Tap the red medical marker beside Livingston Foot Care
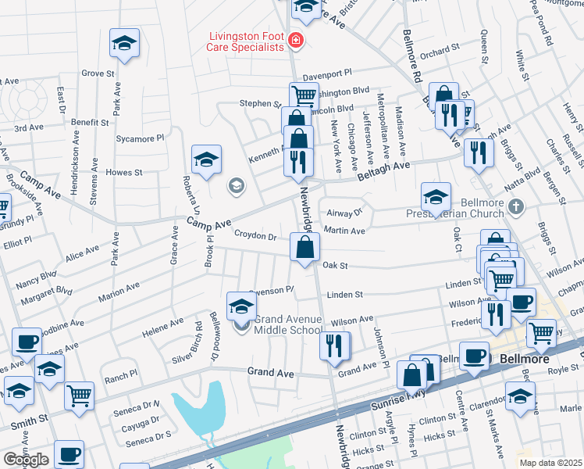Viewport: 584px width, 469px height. [x=295, y=40]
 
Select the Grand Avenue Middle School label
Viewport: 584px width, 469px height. [x=287, y=324]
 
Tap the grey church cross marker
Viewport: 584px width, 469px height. [x=515, y=207]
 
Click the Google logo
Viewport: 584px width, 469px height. [x=25, y=460]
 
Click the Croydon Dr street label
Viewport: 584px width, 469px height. [x=256, y=236]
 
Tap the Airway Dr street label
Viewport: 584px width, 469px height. [x=347, y=212]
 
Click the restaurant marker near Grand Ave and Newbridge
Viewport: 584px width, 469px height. [x=335, y=345]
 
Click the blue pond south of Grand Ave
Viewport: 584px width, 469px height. [x=196, y=414]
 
